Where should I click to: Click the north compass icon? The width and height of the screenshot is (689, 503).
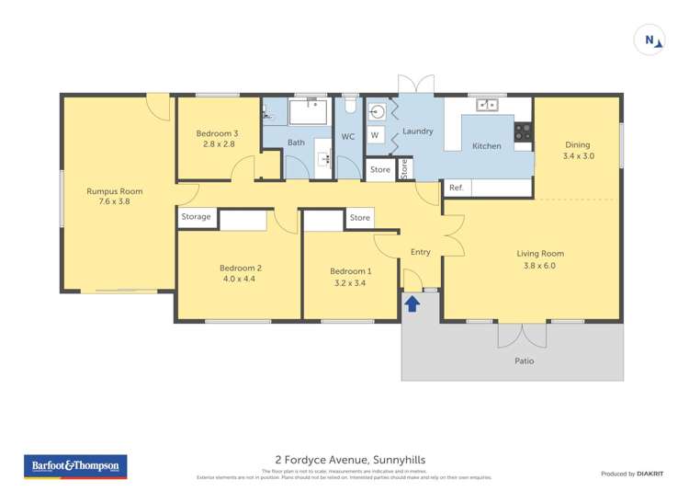tap(650, 40)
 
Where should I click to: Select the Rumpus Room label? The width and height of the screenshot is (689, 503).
tap(115, 191)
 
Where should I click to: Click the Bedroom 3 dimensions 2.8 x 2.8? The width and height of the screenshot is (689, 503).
tap(216, 144)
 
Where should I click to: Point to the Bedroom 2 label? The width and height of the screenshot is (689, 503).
tap(241, 268)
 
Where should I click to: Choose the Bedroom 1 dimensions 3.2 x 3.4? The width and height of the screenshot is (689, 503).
tap(351, 283)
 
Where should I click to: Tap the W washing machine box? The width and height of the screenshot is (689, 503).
tap(375, 135)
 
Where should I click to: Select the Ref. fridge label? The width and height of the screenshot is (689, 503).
tap(456, 188)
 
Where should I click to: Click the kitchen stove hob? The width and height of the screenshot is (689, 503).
tap(523, 131)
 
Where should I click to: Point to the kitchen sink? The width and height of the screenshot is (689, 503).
tap(487, 105)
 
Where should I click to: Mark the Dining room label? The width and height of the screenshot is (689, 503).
tap(578, 144)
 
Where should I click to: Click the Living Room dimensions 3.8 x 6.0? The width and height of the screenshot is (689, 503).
tap(540, 266)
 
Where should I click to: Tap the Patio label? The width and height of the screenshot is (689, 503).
tap(524, 360)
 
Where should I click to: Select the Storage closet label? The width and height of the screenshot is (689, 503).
tap(196, 217)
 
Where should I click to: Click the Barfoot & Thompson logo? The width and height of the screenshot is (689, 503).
tap(75, 466)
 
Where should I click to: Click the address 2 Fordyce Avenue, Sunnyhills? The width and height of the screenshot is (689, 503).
tap(350, 460)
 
